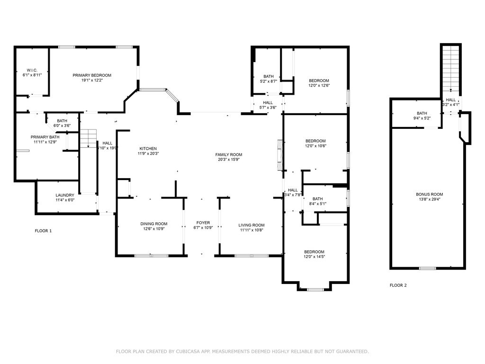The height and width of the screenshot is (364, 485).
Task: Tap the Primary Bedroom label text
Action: (x=92, y=75)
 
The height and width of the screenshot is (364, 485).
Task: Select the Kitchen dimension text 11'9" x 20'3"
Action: (x=147, y=154)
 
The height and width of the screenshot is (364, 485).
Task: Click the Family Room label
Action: (x=229, y=155)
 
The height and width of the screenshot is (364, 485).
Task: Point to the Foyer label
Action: (x=203, y=222)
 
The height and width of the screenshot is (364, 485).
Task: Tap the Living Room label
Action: (x=251, y=225)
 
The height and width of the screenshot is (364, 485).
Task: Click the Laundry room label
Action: (x=65, y=195)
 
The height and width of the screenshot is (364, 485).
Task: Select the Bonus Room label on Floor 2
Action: (x=430, y=194)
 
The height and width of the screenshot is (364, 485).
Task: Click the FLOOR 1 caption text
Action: (x=43, y=231)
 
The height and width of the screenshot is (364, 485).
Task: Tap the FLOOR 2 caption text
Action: (x=398, y=285)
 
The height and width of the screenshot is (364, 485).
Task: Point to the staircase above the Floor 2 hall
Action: (x=451, y=69)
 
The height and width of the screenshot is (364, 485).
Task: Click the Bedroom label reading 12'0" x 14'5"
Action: (x=314, y=252)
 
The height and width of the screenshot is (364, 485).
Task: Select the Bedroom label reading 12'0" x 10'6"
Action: (x=315, y=141)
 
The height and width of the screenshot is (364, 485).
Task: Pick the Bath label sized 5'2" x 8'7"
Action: (x=269, y=76)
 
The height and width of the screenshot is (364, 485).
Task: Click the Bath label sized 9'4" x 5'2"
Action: (x=422, y=113)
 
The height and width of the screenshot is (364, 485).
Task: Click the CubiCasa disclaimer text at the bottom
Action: (x=242, y=351)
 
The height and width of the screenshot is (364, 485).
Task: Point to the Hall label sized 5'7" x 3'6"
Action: (x=268, y=102)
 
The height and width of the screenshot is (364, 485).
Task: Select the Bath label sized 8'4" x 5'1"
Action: (x=317, y=199)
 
